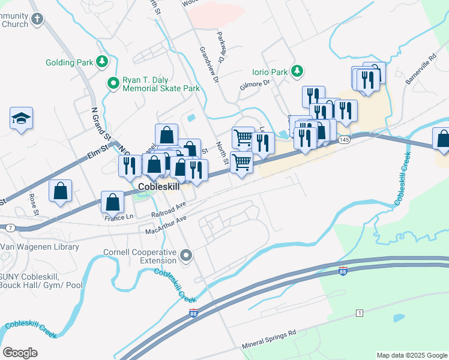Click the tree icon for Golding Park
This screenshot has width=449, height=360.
click(x=102, y=62)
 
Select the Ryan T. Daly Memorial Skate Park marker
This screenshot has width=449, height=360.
click(x=112, y=83)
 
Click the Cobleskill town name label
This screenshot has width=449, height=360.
click(x=159, y=187)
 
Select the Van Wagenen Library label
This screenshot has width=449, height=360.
click(x=40, y=247)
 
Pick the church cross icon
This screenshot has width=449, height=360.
click(x=37, y=19)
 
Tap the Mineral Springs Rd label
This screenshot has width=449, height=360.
click(x=270, y=340)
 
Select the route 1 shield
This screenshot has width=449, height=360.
click(x=359, y=314)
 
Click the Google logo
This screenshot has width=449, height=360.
click(x=20, y=353)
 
